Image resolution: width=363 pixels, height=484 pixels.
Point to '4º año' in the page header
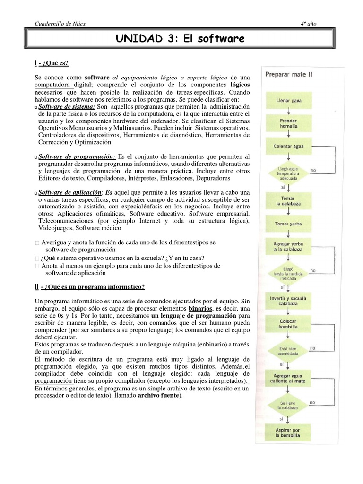coord(309,23)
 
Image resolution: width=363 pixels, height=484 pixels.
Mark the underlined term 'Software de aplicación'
coord(70,192)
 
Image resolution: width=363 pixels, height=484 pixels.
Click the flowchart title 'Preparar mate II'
coord(288,74)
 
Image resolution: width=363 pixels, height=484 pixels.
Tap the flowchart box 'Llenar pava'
coord(288,101)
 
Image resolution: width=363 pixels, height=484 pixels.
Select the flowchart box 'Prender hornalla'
coord(288,123)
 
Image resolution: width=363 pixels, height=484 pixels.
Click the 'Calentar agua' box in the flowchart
coord(288,146)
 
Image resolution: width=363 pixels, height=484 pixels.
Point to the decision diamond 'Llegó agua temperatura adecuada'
coord(288,171)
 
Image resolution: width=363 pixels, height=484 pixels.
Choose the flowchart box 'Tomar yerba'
coord(288,224)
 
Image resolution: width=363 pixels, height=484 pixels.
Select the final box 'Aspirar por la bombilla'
coord(288,432)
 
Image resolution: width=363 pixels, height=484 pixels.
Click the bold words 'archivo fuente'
coord(159,396)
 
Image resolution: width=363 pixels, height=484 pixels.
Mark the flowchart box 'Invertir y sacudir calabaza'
coord(288,301)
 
